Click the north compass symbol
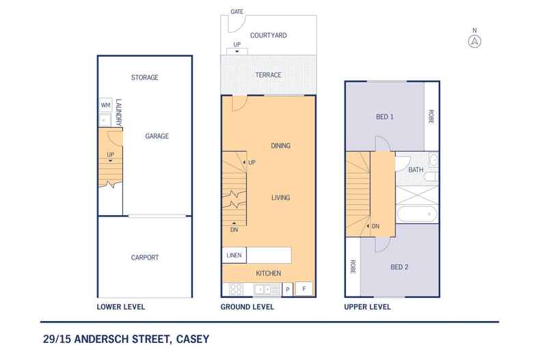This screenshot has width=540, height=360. (474, 40)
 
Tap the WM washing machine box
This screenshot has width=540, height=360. (105, 105)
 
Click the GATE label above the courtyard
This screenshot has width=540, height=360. (237, 12)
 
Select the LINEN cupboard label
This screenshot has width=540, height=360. (232, 255)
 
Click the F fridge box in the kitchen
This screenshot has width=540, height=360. (303, 288)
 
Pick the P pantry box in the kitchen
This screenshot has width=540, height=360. (288, 289)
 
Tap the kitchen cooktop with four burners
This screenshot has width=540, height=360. (237, 289)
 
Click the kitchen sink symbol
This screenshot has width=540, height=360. (265, 289)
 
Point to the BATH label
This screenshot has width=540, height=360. (416, 170)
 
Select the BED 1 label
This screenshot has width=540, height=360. (386, 117)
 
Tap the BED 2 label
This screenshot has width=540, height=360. (399, 267)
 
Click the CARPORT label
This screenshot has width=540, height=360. (144, 258)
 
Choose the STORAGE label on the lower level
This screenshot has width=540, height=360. (144, 78)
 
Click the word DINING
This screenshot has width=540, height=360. (280, 146)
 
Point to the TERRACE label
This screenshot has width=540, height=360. (267, 75)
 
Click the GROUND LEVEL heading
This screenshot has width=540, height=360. (247, 307)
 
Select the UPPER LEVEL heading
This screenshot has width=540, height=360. (367, 307)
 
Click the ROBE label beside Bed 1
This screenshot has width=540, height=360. (431, 117)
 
